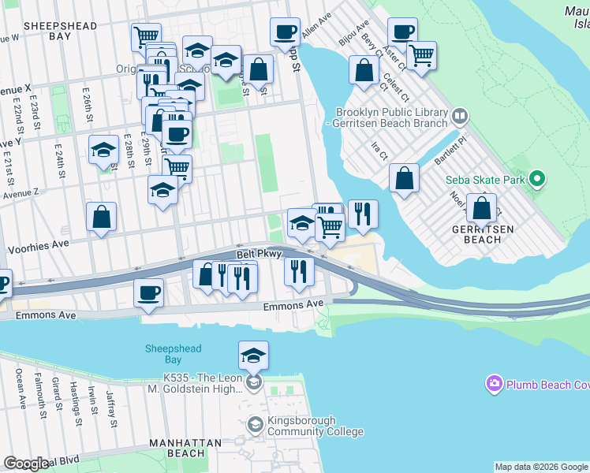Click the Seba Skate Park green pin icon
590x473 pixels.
pyautogui.click(x=537, y=179)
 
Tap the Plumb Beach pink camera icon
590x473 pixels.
pyautogui.click(x=495, y=384)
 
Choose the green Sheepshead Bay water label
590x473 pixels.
pyautogui.click(x=173, y=354)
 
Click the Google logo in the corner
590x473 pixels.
pyautogui.click(x=26, y=464)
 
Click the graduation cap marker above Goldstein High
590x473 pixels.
pyautogui.click(x=253, y=356)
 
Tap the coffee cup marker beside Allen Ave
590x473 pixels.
pyautogui.click(x=285, y=32)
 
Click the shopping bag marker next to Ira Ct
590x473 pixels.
pyautogui.click(x=404, y=177)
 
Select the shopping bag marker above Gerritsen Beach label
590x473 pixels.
pyautogui.click(x=481, y=207)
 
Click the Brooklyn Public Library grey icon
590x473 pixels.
pyautogui.click(x=459, y=117)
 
